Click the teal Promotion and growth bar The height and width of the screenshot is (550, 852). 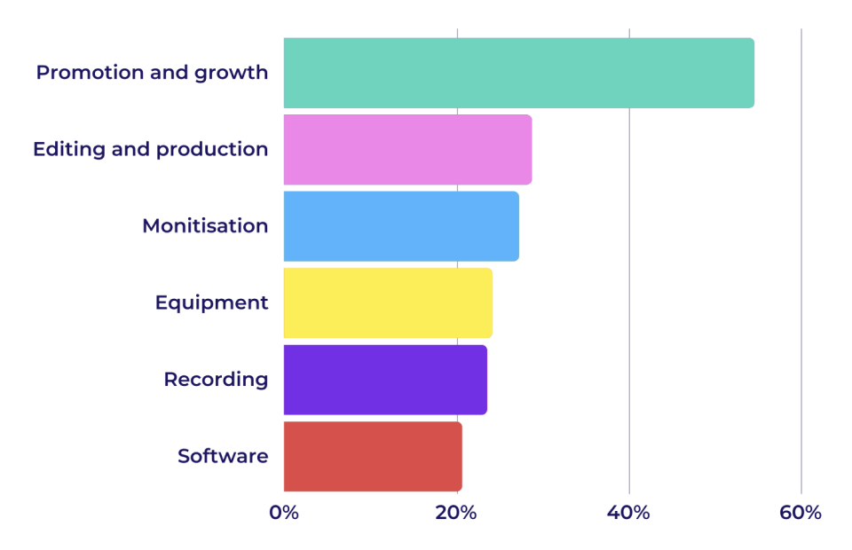pos(518,73)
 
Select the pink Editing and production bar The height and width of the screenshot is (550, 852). pos(407,149)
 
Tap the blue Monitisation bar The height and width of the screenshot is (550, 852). pos(401,226)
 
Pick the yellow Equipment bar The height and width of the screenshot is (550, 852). pos(388,302)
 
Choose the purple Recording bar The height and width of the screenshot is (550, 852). pos(385,380)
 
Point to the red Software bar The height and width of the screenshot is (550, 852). pos(373,456)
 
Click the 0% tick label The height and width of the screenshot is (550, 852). pos(284,513)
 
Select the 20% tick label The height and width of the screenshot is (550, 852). pos(456,513)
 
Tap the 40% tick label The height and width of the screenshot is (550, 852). pos(628,513)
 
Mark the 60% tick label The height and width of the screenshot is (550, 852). pos(801,513)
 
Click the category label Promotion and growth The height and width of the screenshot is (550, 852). pos(152,73)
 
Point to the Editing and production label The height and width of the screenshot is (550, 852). pos(151,149)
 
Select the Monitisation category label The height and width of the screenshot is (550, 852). pos(205,226)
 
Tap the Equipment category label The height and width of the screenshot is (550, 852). pos(211,302)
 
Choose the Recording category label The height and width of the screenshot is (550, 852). pos(216,380)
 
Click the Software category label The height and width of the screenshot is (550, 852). pos(223,456)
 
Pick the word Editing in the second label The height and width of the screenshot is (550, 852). pos(68,150)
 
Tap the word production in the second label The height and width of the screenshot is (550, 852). pos(212,150)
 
